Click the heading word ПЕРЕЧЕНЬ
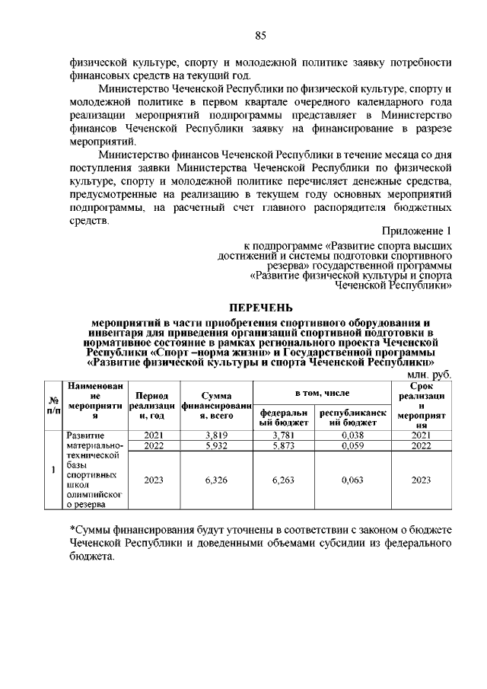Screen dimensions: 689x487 (x=259, y=308)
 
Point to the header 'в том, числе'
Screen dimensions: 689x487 (x=322, y=392)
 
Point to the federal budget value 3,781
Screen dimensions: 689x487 (x=282, y=435)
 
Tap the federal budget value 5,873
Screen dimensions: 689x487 (x=282, y=446)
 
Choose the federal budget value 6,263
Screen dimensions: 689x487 (x=282, y=480)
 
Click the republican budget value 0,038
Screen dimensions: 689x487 (x=352, y=435)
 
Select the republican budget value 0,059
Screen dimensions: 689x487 (x=352, y=446)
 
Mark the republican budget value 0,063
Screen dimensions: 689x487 (x=352, y=480)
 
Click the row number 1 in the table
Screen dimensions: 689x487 (x=53, y=469)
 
